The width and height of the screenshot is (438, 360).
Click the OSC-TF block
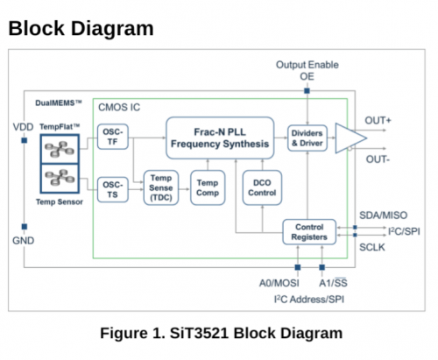coord(113,137)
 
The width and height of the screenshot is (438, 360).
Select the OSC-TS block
coord(113,190)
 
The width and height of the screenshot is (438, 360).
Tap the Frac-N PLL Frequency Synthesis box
coord(220,138)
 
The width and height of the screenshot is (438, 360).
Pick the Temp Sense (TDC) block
coord(161,187)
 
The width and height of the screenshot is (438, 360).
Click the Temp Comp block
coord(208,187)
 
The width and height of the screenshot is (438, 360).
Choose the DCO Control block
coord(262,187)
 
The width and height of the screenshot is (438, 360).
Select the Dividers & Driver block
coord(307,138)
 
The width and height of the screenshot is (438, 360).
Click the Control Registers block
coord(309,232)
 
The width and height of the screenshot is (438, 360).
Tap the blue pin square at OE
coord(307,91)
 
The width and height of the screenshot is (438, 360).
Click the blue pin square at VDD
coord(25,140)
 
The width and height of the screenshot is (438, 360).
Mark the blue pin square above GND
coord(25,227)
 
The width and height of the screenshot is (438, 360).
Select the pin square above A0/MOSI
coord(298,267)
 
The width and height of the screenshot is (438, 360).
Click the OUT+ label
coord(378,120)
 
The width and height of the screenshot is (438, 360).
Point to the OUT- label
coord(378,159)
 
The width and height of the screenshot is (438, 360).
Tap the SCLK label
coord(372,247)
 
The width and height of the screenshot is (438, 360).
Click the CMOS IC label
coord(119,108)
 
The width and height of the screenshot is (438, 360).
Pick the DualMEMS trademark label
coord(59,102)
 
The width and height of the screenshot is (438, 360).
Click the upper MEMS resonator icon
coord(60,149)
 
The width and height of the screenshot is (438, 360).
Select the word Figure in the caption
coord(124,333)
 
